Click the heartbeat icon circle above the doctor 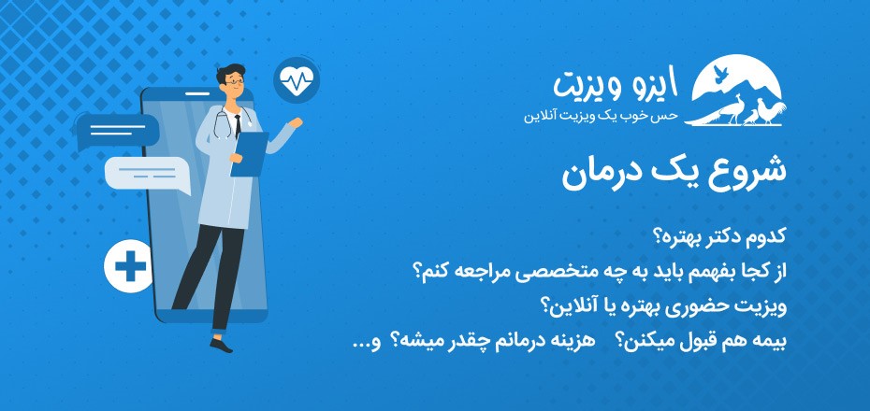click(297, 81)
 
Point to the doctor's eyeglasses click(235, 81)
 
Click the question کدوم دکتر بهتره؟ click(731, 234)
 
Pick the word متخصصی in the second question click(560, 271)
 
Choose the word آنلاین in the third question click(566, 305)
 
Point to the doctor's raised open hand click(296, 124)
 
